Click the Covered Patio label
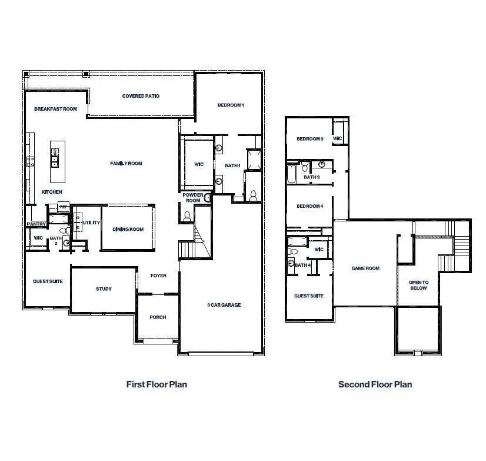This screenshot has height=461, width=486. click(x=141, y=96)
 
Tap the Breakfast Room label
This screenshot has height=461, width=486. click(x=56, y=109)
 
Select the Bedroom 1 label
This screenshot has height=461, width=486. click(x=231, y=105)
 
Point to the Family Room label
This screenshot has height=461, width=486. click(x=127, y=164)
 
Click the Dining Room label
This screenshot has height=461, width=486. click(x=129, y=230)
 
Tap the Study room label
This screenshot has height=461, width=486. click(x=104, y=289)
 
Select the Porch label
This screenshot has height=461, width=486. click(x=158, y=317)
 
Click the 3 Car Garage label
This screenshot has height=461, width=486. click(x=224, y=305)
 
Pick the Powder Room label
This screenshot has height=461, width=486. click(x=192, y=198)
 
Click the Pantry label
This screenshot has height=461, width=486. click(x=36, y=224)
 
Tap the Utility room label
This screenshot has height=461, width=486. click(x=92, y=223)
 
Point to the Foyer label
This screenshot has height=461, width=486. click(x=158, y=276)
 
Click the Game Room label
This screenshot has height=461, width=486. click(x=365, y=268)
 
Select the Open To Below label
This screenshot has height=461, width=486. click(x=418, y=286)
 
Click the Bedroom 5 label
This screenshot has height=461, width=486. click(x=309, y=139)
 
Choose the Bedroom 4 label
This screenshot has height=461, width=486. click(x=309, y=206)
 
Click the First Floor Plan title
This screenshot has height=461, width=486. click(x=157, y=384)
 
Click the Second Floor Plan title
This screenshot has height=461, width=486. click(x=375, y=384)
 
